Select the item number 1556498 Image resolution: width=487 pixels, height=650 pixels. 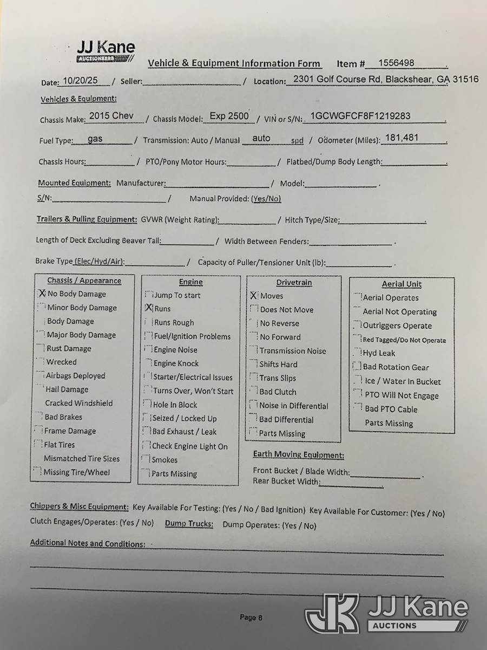[x=396, y=63]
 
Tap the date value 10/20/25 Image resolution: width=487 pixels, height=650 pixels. [x=80, y=80]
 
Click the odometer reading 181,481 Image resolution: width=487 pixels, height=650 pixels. [x=402, y=138]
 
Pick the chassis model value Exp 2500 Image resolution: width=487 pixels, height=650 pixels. [x=229, y=116]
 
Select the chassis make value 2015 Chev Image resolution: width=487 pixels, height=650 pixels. [x=111, y=116]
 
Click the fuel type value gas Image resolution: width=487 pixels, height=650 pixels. [x=95, y=139]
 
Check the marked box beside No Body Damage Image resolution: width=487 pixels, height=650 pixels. [x=42, y=294]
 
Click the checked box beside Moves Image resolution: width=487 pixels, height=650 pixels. [x=253, y=296]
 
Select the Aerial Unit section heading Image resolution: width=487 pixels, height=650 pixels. [x=401, y=284]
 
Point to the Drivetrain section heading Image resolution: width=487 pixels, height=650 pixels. [x=294, y=282]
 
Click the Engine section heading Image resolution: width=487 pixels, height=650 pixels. [x=190, y=282]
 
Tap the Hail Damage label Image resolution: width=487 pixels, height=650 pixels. [x=67, y=389]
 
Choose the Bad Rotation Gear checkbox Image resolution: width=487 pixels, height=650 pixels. [x=357, y=367]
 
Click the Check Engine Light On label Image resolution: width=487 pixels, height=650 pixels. [x=189, y=446]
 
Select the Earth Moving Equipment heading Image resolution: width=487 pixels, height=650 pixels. [x=298, y=455]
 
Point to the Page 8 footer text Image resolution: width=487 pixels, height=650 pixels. [x=251, y=617]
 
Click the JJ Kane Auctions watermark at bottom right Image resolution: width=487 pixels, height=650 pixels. [x=386, y=613]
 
